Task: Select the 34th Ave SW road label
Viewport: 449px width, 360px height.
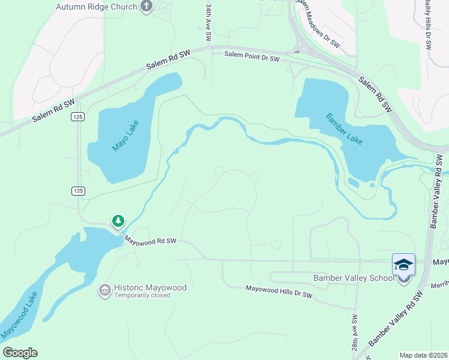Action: tap(208, 21)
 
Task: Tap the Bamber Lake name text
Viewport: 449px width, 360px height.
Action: tap(344, 128)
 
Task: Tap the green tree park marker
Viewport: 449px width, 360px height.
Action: tap(119, 221)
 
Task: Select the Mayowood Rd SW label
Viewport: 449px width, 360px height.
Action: tap(150, 240)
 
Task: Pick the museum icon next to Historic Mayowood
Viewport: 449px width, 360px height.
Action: tap(104, 290)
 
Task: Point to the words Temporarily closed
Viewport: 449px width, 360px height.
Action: tap(142, 296)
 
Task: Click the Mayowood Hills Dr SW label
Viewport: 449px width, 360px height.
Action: tap(279, 292)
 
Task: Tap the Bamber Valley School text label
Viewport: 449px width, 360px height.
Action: tap(354, 278)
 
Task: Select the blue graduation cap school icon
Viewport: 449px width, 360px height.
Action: tap(403, 265)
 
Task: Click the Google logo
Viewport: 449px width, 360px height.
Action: tap(20, 353)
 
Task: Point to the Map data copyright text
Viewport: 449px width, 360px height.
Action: tap(423, 355)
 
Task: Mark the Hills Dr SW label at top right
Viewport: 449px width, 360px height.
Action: tap(428, 24)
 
